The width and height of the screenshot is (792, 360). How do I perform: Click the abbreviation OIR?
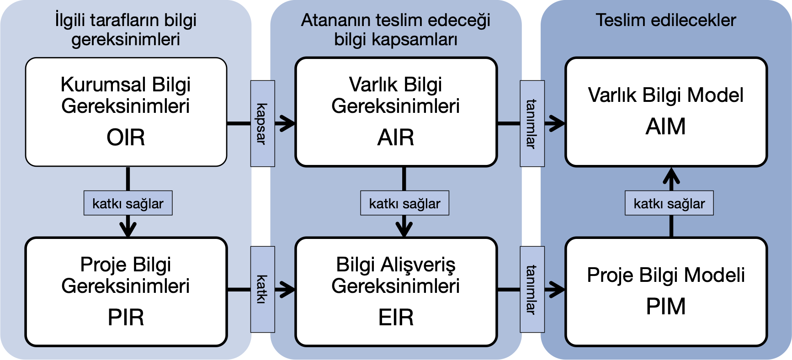point(126,138)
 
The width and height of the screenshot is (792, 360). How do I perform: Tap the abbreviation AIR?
point(396,138)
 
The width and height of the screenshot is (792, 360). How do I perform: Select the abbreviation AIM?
point(665,127)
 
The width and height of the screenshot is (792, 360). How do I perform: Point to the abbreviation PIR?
point(126,318)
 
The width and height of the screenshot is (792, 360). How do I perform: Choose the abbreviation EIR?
point(396,318)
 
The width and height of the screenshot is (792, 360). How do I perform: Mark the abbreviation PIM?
point(665,307)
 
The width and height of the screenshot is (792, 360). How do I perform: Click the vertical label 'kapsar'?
point(262,124)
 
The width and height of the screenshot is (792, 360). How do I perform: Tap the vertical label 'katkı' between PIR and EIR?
point(262,289)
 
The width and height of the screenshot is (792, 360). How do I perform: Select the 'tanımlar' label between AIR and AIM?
point(532,124)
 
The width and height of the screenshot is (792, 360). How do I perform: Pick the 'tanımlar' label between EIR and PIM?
point(532,289)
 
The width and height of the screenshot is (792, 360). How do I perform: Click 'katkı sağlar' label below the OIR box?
point(128,203)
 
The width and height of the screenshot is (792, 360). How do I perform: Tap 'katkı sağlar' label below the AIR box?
point(404,203)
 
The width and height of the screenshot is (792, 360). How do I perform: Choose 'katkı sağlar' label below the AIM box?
point(669,203)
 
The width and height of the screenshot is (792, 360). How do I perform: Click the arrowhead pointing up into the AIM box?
point(671,175)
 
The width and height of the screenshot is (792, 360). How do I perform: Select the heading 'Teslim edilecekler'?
point(665,20)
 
